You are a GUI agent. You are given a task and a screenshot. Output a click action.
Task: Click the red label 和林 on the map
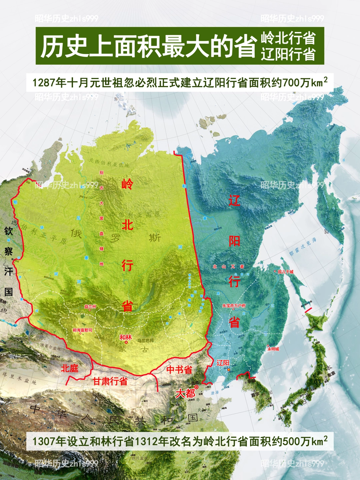point(126,337)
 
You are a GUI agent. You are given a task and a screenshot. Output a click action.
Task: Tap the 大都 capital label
point(185,393)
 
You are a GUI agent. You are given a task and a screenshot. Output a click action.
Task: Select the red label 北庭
point(69,368)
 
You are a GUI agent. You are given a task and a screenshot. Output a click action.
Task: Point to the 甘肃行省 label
point(110,381)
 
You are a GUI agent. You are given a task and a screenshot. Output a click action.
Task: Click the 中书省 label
point(179,369)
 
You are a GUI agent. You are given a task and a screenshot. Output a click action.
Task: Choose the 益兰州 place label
point(90,306)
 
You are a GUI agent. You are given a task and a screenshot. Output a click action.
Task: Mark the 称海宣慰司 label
point(82,330)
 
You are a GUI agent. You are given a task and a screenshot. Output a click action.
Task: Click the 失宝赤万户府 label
point(234,305)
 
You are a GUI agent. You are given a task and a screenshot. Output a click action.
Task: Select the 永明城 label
point(273,349)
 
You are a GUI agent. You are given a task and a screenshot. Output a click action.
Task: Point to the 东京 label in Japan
point(331,374)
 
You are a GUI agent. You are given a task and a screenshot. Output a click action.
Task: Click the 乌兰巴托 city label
point(146,340)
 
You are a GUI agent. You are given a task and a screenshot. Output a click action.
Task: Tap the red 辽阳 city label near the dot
point(223,363)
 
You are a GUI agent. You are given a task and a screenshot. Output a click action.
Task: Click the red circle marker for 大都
point(197,387)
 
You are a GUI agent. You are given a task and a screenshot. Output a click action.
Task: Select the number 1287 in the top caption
point(44,82)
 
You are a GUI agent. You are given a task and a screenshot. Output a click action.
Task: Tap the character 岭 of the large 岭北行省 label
point(127,184)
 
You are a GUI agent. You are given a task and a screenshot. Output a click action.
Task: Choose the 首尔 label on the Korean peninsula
point(255,394)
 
